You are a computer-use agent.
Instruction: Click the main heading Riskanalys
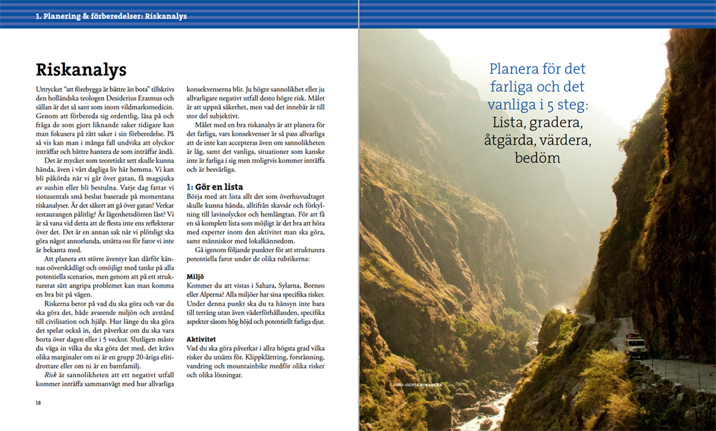coord(81,69)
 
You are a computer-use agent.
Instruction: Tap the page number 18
coord(39,403)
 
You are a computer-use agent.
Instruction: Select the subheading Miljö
coord(196,276)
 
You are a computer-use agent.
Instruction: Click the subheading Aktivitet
coord(201,339)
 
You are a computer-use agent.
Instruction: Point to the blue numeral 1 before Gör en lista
coord(189,186)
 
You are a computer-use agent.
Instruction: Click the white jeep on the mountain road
coord(635,345)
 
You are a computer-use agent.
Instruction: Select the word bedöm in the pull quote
coord(537,157)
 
